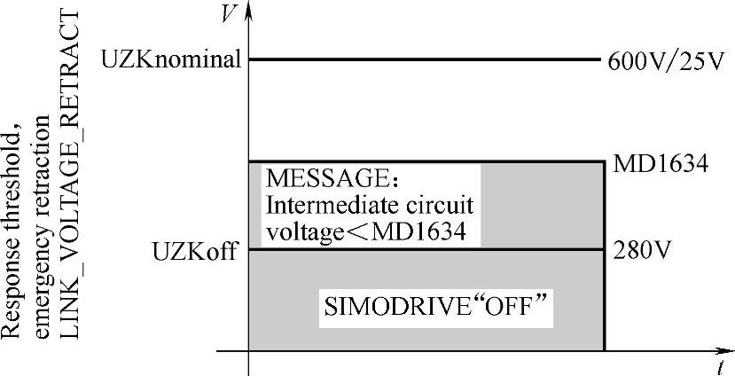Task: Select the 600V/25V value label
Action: click(x=667, y=63)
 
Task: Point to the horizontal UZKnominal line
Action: click(x=426, y=60)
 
